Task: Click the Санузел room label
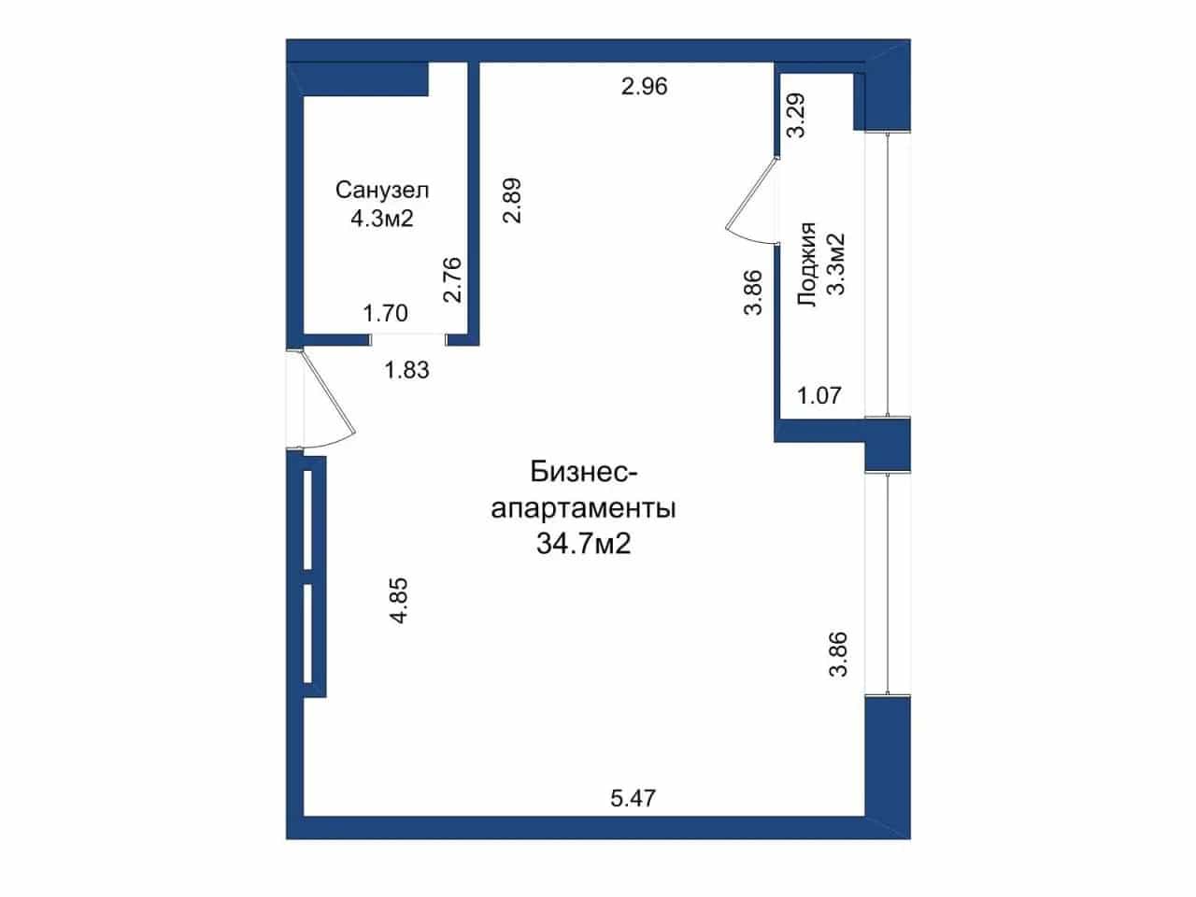click(x=382, y=190)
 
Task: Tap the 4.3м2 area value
click(x=382, y=219)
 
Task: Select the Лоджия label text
click(x=807, y=264)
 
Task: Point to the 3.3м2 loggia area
click(x=836, y=264)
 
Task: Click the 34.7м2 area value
click(x=584, y=544)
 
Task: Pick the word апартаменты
click(x=584, y=509)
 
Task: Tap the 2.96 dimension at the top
click(x=644, y=87)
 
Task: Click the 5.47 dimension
click(x=634, y=799)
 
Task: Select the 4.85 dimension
click(x=399, y=600)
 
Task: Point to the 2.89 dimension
click(x=512, y=200)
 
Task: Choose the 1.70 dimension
click(x=385, y=313)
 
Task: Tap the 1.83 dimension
click(x=407, y=370)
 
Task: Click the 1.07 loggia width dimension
click(x=819, y=395)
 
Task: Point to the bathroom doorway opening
click(x=408, y=340)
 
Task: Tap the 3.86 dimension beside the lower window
click(x=838, y=653)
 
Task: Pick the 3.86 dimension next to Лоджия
click(x=752, y=292)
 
